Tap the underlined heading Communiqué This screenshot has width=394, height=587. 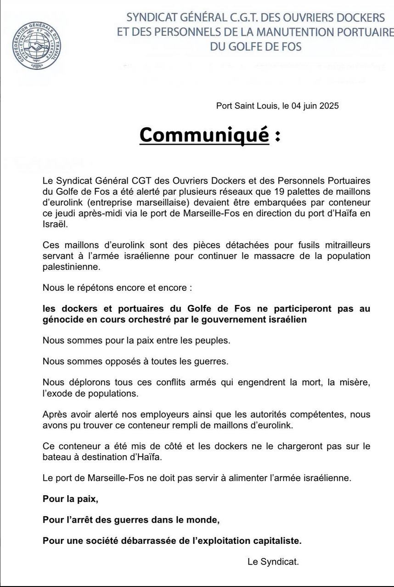click(204, 135)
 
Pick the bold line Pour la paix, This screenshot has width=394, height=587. click(70, 499)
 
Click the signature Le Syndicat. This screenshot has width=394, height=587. click(273, 561)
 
